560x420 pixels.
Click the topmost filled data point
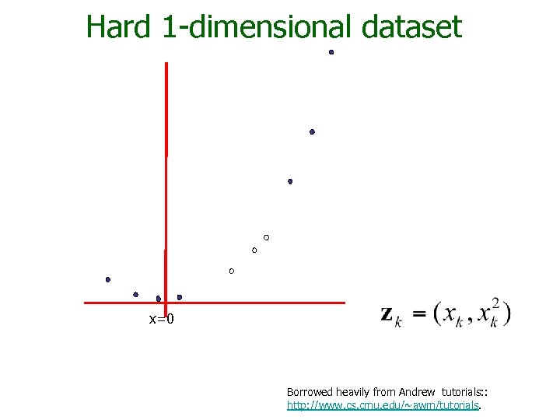[331, 52]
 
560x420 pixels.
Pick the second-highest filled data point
[312, 132]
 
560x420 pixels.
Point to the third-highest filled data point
[290, 181]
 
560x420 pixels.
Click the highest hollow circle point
[266, 236]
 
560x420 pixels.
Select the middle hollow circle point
[254, 250]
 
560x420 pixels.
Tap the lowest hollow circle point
[232, 271]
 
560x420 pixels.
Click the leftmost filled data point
[108, 279]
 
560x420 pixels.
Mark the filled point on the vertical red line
[159, 299]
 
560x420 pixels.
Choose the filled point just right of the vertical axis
[180, 297]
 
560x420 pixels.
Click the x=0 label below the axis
[161, 319]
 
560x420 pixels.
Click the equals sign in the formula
[418, 313]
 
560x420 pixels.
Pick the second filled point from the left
[135, 295]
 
